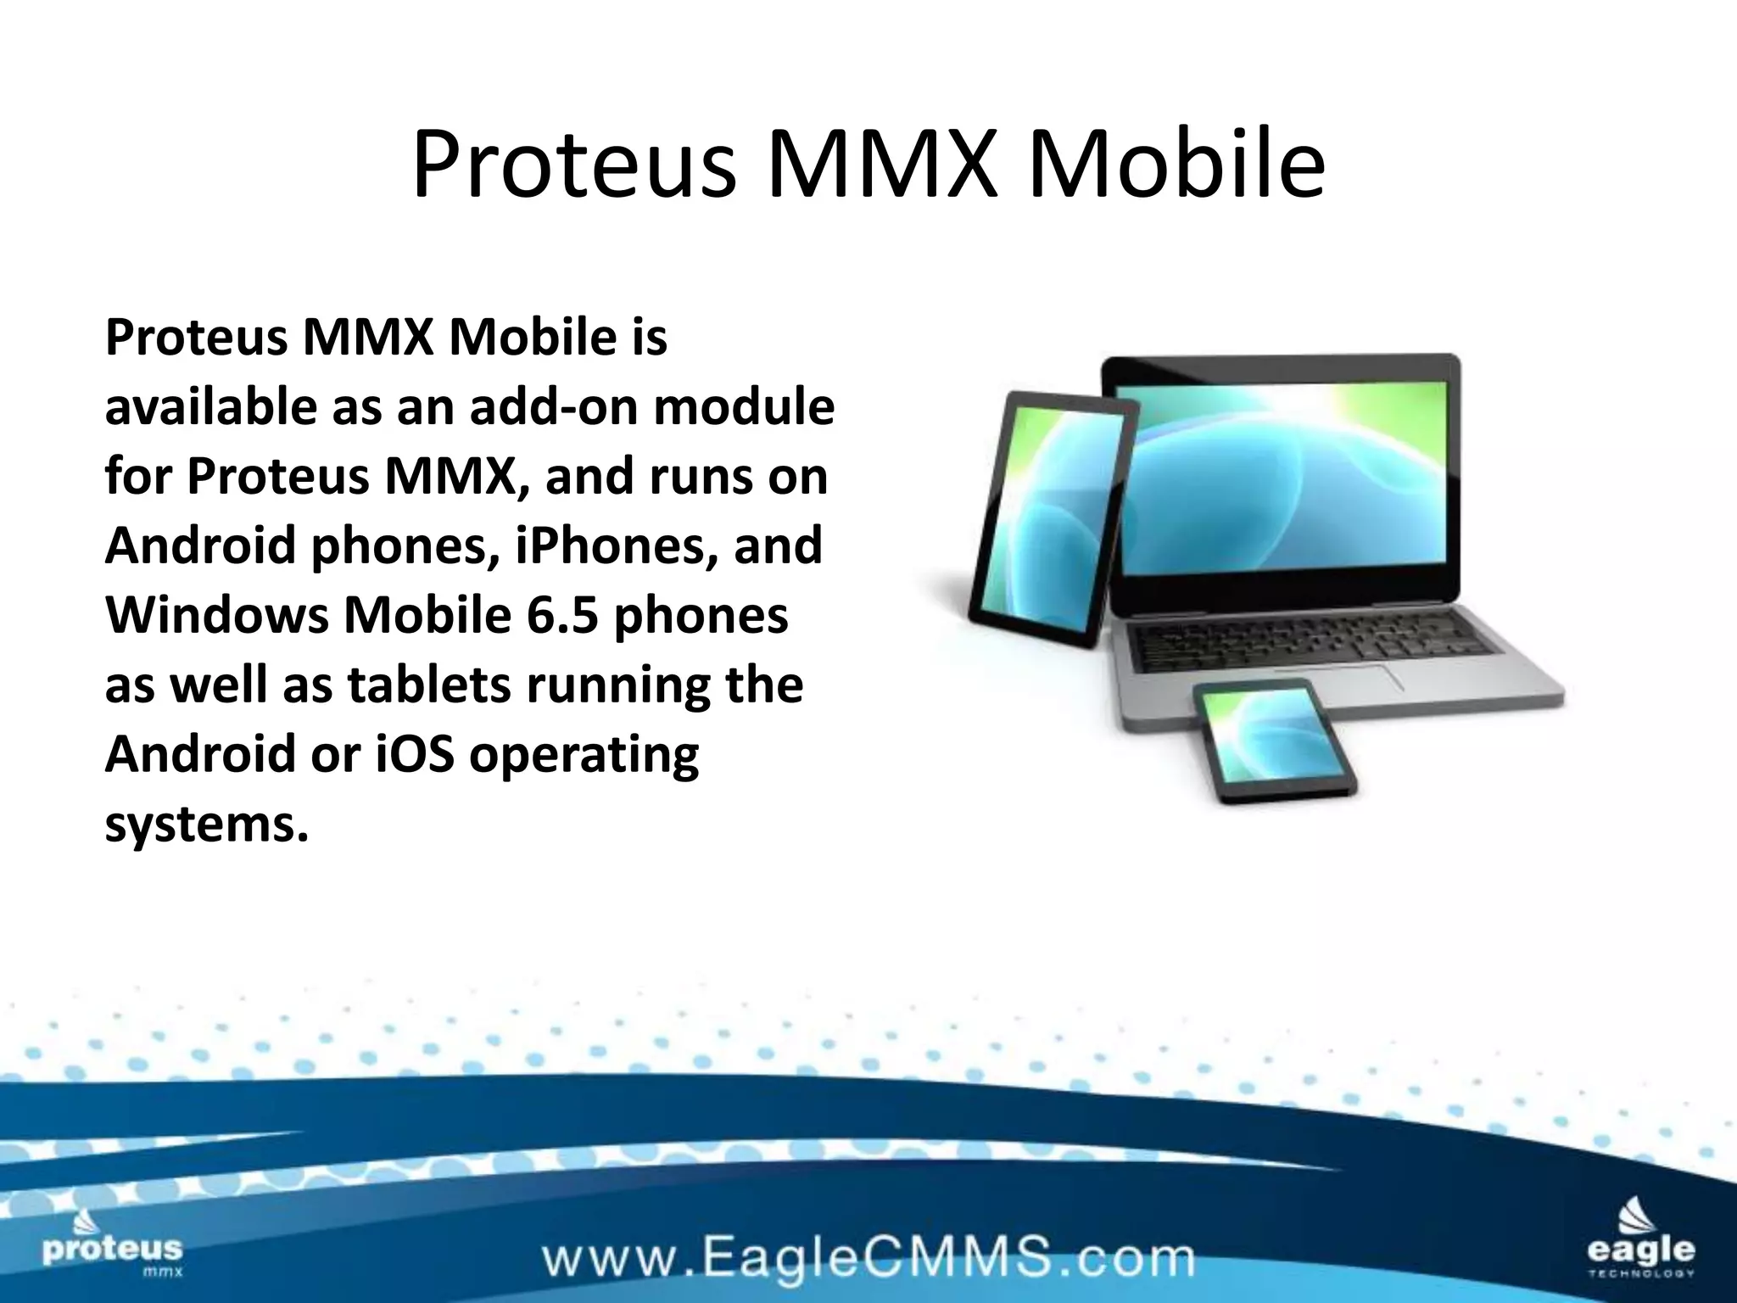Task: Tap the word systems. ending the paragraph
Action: pyautogui.click(x=206, y=824)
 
